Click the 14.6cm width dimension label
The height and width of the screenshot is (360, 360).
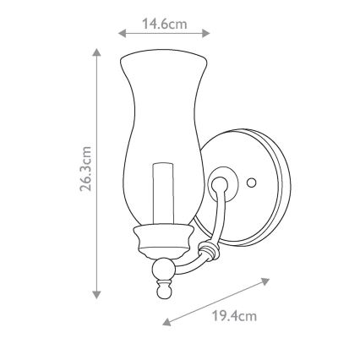(x=164, y=25)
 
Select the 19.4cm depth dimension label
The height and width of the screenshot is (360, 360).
(x=234, y=316)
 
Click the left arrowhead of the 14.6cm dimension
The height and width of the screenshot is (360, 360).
(x=123, y=35)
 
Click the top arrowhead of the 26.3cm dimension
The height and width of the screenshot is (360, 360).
(x=97, y=53)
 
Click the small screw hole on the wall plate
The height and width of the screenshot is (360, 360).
(x=250, y=183)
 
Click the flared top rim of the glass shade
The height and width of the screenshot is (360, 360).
(x=164, y=57)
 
